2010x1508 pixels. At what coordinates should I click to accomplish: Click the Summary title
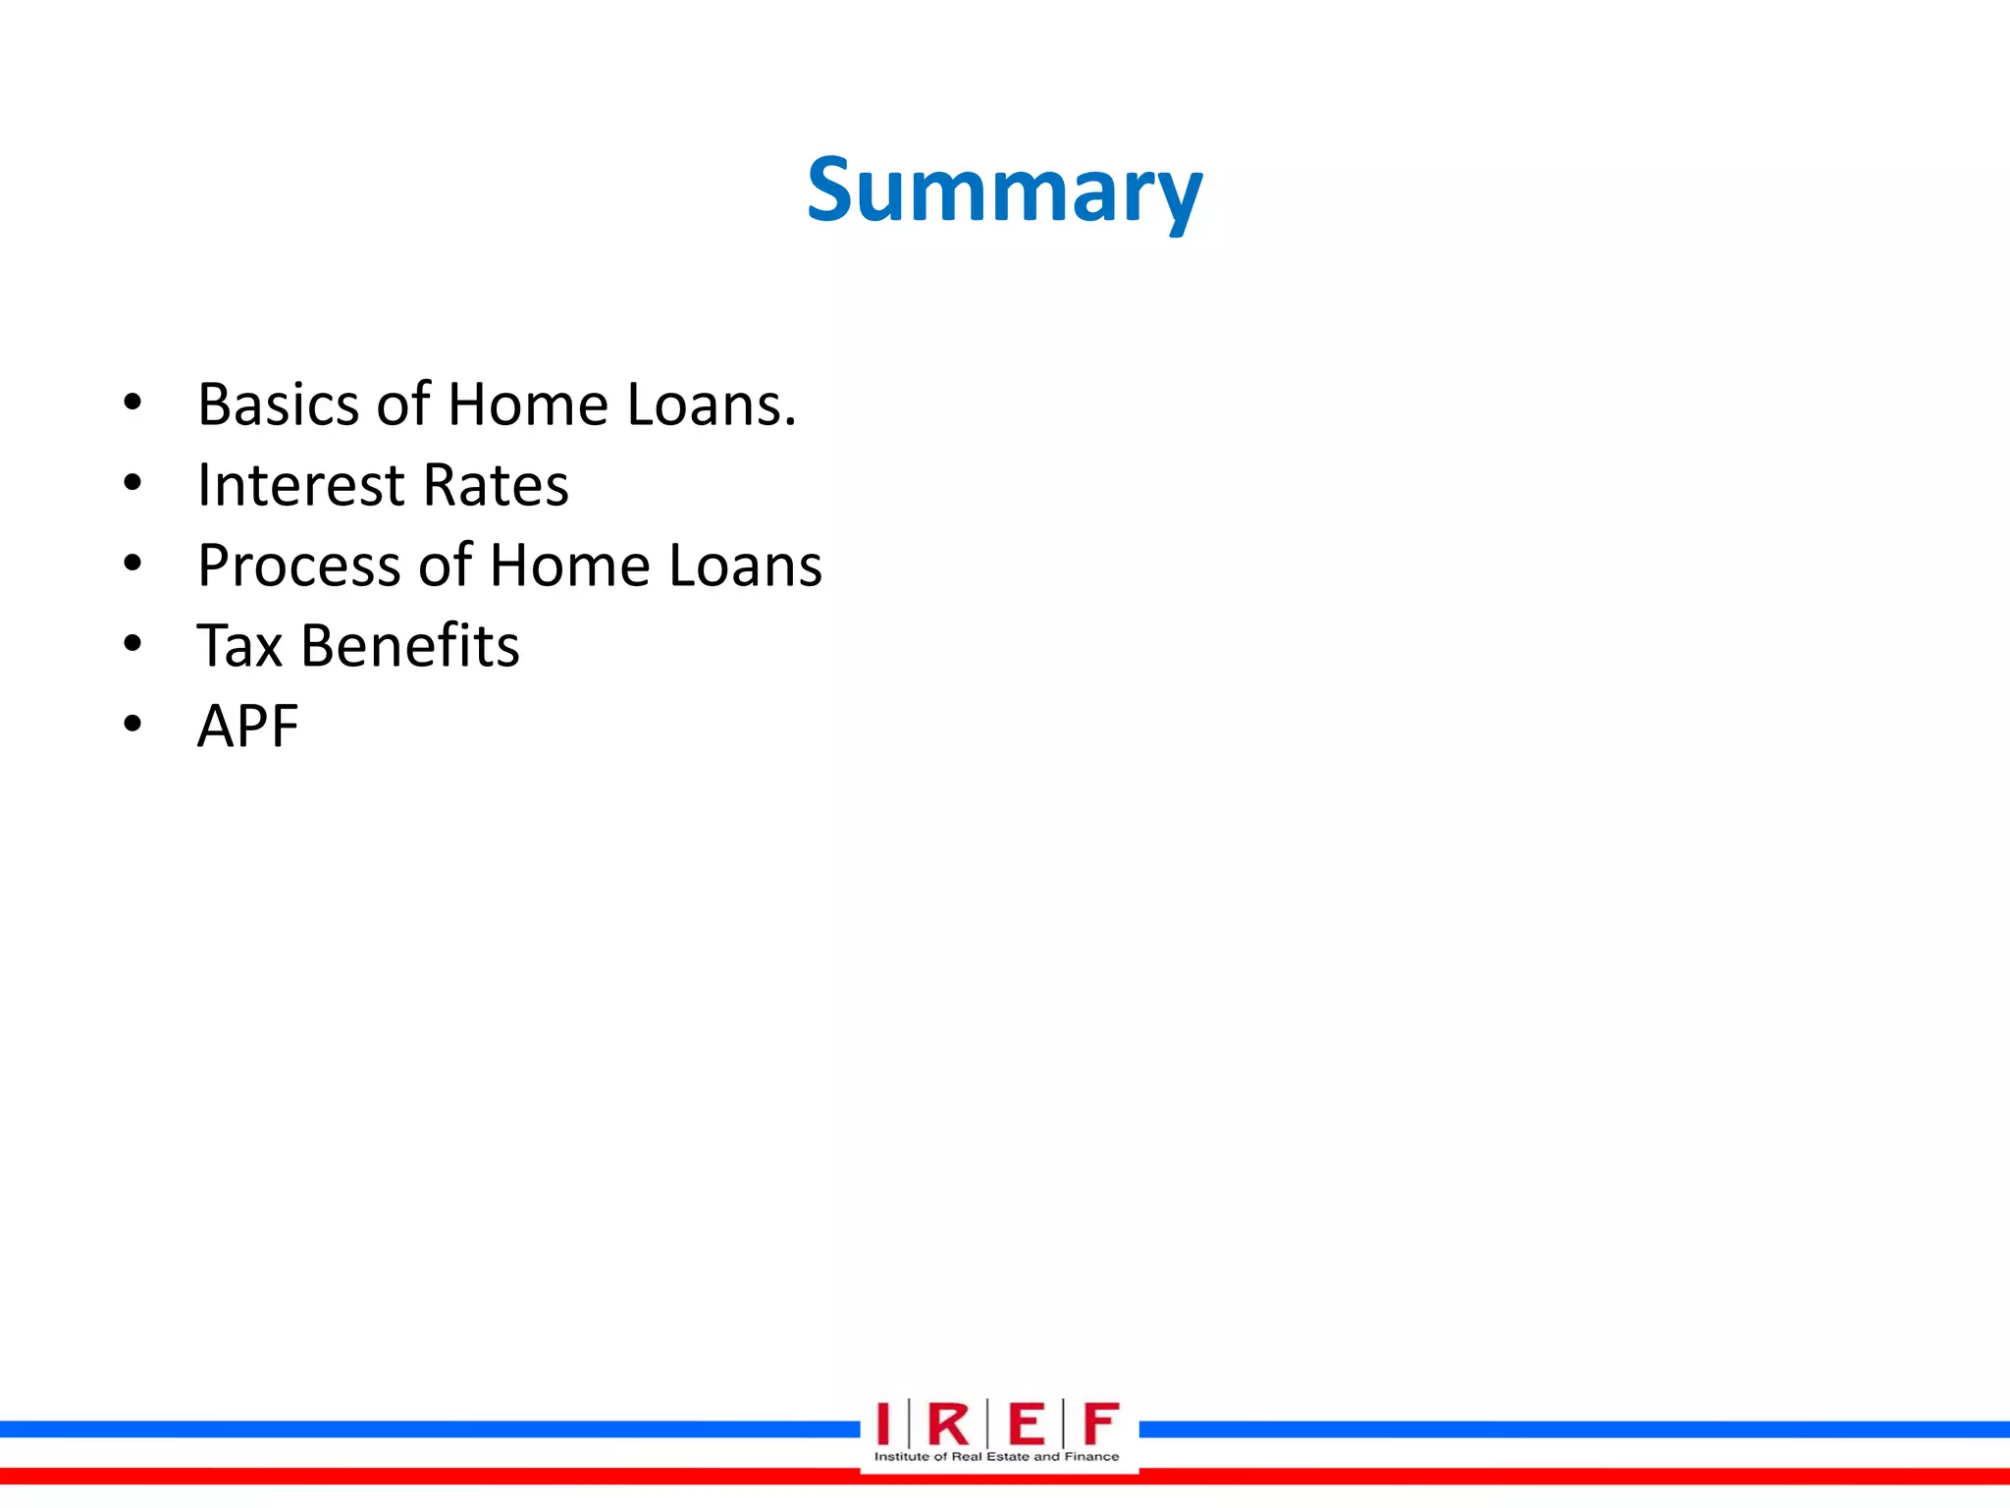coord(1004,191)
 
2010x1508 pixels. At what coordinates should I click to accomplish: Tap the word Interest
coord(300,485)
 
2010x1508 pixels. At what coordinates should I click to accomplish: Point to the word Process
coord(299,566)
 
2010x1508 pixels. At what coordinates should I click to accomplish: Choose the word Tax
coord(239,646)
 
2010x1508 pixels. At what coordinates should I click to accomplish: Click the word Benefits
coord(409,646)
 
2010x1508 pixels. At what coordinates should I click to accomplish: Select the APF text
coord(247,727)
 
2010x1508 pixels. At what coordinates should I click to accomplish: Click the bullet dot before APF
coord(132,725)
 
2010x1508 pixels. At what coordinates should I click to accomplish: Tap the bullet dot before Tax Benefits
coord(132,644)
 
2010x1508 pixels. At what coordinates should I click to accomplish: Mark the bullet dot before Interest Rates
coord(132,483)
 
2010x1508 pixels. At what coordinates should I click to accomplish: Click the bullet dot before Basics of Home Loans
coord(132,403)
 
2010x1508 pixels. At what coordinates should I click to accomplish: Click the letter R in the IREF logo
coord(947,1424)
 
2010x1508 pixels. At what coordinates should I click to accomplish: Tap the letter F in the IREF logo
coord(1100,1424)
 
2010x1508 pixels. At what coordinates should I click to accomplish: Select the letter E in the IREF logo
coord(1026,1424)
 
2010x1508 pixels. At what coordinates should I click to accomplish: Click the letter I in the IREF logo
coord(883,1424)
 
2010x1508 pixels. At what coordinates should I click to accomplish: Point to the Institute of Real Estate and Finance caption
coord(996,1457)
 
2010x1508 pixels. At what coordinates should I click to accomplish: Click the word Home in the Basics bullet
coord(528,404)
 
